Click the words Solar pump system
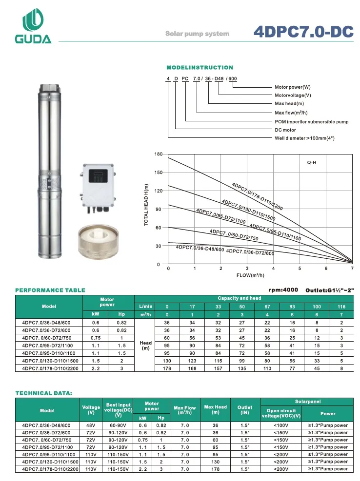click(197, 34)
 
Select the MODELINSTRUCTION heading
click(200, 67)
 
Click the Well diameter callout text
click(304, 138)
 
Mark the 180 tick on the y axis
click(158, 154)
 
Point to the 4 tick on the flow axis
click(273, 269)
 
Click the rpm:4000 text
click(283, 290)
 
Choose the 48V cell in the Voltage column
click(91, 425)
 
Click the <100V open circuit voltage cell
click(280, 425)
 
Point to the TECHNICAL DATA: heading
click(44, 392)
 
